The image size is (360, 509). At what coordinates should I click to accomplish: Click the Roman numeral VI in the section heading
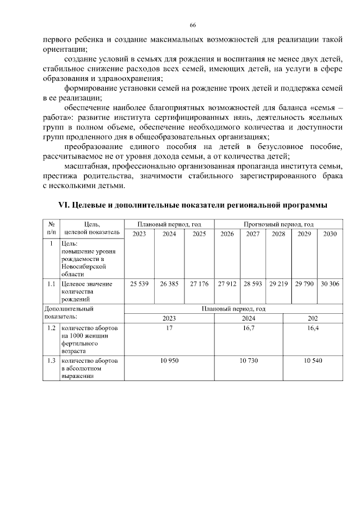pos(66,206)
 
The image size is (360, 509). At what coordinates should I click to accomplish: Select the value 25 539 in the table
pos(139,284)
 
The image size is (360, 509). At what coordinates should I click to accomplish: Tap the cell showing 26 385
pos(169,284)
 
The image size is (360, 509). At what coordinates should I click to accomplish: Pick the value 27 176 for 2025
pos(199,284)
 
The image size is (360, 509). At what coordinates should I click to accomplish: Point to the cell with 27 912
pos(227,284)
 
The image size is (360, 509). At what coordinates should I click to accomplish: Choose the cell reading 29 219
pos(278,284)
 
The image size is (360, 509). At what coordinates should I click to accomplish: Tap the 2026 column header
pos(227,233)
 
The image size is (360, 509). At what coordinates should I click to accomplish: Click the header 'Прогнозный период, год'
pos(278,224)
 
